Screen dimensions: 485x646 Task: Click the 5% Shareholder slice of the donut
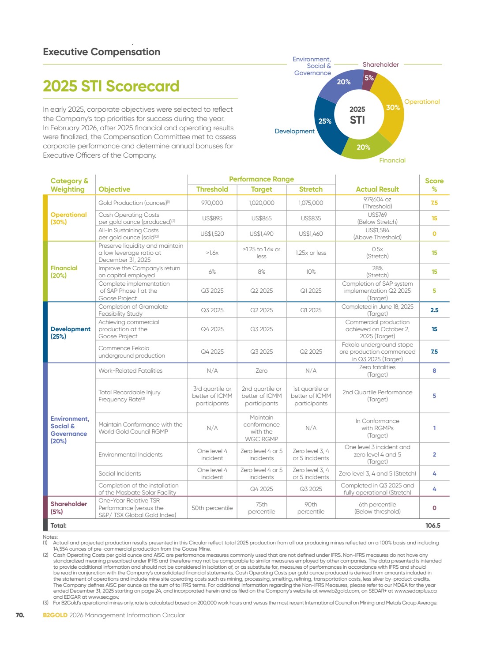pyautogui.click(x=369, y=79)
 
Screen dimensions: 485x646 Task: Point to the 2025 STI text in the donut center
pyautogui.click(x=357, y=115)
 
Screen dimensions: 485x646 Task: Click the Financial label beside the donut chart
pyautogui.click(x=392, y=160)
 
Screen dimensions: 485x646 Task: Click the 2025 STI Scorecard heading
pyautogui.click(x=111, y=86)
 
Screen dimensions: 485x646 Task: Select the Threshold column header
pyautogui.click(x=212, y=189)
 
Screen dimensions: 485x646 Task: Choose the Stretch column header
pyautogui.click(x=311, y=189)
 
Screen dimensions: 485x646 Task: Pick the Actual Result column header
pyautogui.click(x=377, y=189)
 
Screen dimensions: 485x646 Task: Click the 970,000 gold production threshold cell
pyautogui.click(x=212, y=203)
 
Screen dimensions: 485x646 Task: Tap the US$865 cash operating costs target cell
pyautogui.click(x=261, y=218)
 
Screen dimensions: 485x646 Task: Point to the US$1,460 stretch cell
pyautogui.click(x=311, y=234)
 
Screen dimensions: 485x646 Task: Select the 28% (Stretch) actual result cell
pyautogui.click(x=377, y=272)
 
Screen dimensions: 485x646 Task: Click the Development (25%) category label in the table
pyautogui.click(x=70, y=332)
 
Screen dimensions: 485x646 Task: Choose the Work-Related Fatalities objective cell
pyautogui.click(x=130, y=370)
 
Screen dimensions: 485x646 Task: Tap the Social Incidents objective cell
pyautogui.click(x=120, y=473)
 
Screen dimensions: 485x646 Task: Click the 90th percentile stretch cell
pyautogui.click(x=311, y=508)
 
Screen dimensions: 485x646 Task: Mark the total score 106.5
pyautogui.click(x=432, y=525)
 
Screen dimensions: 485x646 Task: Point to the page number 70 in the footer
pyautogui.click(x=20, y=615)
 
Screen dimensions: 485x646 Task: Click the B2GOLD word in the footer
pyautogui.click(x=55, y=615)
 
